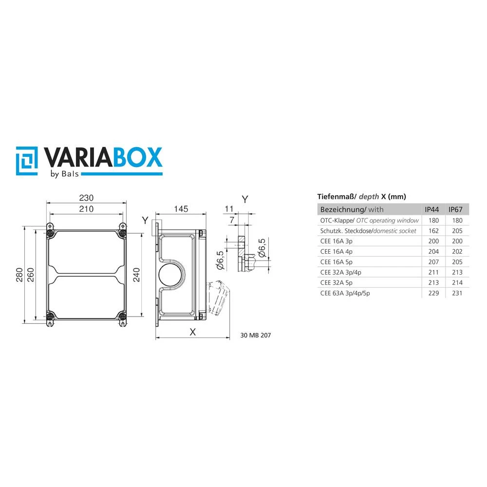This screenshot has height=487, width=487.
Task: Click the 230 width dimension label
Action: (86, 198)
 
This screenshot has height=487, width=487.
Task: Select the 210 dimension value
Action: (86, 209)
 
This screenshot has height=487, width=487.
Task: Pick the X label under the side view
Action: (192, 332)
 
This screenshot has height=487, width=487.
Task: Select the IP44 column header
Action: (431, 209)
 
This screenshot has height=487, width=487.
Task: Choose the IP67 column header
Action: (455, 209)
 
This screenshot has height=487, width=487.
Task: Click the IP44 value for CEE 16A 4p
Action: (433, 252)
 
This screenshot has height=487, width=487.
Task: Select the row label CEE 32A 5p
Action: (337, 282)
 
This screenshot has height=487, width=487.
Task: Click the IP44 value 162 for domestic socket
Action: (433, 231)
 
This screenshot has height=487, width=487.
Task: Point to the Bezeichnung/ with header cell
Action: (351, 209)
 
